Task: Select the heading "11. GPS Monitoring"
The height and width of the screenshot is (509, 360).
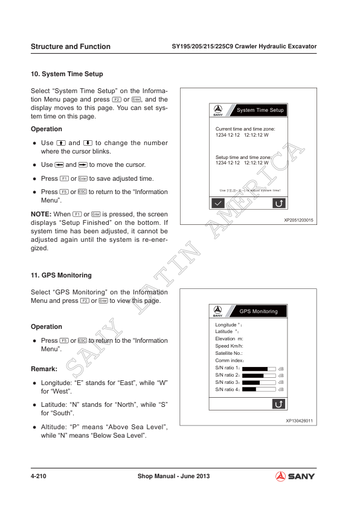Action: click(61, 275)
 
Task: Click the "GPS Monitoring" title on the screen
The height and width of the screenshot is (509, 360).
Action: click(259, 311)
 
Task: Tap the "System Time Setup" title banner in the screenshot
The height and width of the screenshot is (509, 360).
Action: click(260, 111)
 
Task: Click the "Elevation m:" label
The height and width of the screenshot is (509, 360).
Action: click(229, 339)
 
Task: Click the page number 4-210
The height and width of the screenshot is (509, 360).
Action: click(39, 476)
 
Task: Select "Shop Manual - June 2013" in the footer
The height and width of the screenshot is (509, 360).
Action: click(173, 476)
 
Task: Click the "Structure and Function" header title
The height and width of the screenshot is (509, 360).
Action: click(70, 47)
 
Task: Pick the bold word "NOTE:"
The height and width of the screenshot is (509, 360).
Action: click(41, 215)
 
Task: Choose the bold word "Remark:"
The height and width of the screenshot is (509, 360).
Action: click(44, 368)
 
